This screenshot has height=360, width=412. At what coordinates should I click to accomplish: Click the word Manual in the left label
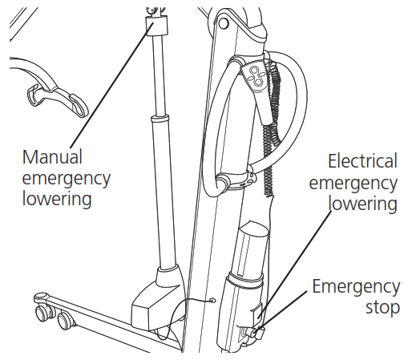(53, 156)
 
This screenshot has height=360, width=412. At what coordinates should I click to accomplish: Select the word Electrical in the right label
(362, 161)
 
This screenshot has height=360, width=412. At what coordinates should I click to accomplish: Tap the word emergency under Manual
(66, 176)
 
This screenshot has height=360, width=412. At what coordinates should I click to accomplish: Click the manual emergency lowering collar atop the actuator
(152, 27)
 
